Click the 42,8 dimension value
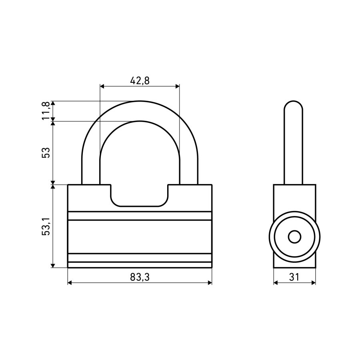[140, 80]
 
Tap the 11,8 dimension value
[46, 111]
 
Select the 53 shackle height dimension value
[46, 152]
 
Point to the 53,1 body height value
[46, 226]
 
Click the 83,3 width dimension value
[140, 277]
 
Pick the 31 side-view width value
[294, 277]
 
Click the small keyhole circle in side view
[294, 237]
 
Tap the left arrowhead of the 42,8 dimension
[102, 86]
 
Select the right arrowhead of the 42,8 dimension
[177, 86]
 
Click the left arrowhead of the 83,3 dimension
[70, 283]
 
